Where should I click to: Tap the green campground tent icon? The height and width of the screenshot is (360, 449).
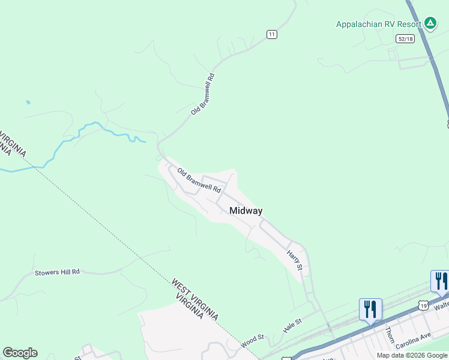click(x=430, y=23)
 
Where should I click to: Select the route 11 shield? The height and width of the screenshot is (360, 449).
click(x=272, y=34)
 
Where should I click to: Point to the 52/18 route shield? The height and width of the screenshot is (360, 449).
click(x=405, y=38)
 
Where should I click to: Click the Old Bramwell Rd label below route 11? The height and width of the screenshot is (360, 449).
click(x=203, y=94)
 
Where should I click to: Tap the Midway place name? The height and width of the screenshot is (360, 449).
click(x=246, y=211)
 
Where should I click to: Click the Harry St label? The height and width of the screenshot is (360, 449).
click(x=294, y=259)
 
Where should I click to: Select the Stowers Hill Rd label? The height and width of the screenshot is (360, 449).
click(x=57, y=272)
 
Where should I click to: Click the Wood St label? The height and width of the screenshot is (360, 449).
click(x=253, y=340)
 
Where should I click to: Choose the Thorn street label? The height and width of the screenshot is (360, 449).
click(x=390, y=335)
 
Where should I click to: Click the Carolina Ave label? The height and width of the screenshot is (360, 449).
click(x=414, y=339)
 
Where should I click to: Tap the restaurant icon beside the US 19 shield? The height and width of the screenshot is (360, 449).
click(x=439, y=281)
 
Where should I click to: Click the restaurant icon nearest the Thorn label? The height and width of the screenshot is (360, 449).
click(x=370, y=310)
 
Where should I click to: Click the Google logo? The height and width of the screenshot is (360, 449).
click(x=20, y=353)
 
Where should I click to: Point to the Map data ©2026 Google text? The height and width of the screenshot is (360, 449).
click(x=412, y=355)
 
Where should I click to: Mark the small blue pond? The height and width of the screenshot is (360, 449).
click(x=28, y=103)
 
